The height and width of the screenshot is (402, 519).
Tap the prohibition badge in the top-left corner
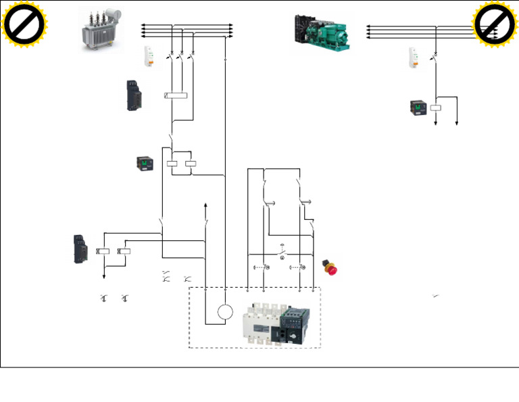tap(24, 24)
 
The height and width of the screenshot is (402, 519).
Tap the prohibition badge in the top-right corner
tap(495, 24)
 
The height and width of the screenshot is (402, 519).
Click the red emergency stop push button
tap(330, 267)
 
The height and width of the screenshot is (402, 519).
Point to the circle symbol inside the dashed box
tap(225, 312)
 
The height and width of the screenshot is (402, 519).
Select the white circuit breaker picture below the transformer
tap(149, 56)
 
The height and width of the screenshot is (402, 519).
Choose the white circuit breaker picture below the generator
tap(414, 58)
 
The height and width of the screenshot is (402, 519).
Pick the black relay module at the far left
tap(79, 250)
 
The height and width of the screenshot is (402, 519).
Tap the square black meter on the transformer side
tap(144, 163)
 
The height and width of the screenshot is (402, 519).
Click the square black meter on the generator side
tap(418, 108)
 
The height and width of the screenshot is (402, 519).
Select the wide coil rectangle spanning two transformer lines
tap(176, 95)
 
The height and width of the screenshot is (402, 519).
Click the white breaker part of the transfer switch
tap(260, 323)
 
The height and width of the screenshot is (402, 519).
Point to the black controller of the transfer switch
tap(295, 323)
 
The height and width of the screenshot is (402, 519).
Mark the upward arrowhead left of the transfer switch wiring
tap(205, 204)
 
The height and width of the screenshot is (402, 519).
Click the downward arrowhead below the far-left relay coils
tap(104, 275)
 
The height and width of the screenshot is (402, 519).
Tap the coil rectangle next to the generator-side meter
tap(436, 108)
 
